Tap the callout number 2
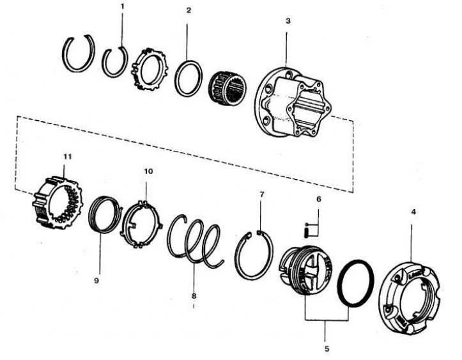pos(189,10)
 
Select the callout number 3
pos(288,21)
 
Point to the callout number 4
pos(413,212)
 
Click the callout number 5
pos(327,348)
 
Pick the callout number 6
pos(318,200)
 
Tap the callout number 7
pos(262,194)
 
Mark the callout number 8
pos(194,295)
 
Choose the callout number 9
pos(96,281)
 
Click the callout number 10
pos(148,171)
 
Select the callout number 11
pos(68,156)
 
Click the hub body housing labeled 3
pos(293,102)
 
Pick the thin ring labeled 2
pos(176,79)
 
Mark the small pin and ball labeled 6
pos(307,230)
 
